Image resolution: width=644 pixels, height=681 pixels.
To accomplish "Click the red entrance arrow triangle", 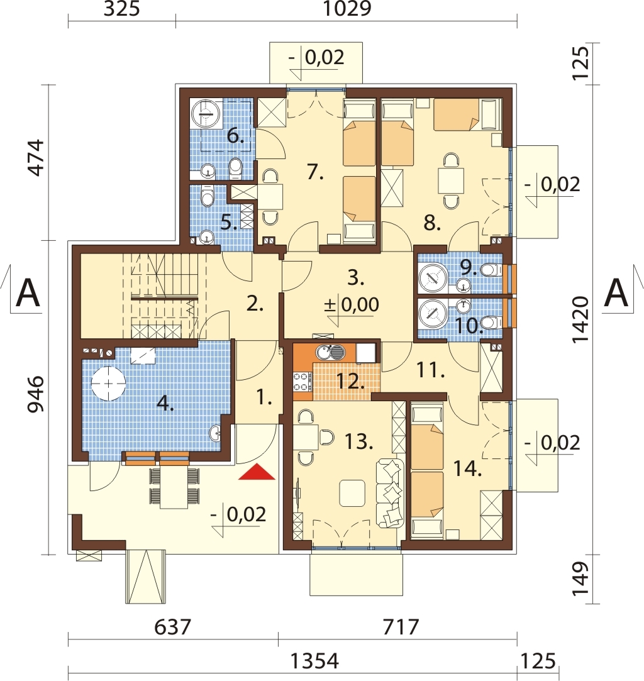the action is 257,472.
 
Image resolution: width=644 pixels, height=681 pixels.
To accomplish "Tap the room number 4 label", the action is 165,404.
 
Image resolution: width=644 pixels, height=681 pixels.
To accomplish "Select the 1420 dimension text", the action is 580,319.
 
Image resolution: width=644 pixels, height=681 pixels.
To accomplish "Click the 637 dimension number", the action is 172,627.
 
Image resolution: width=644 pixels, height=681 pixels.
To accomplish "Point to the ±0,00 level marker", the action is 352,305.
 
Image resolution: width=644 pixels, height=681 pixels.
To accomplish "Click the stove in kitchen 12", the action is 303,381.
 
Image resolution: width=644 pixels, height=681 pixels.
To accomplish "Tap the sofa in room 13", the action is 389,494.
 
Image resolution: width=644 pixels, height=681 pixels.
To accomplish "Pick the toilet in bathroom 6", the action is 236,169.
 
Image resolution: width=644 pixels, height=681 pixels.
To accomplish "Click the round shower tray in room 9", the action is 433,276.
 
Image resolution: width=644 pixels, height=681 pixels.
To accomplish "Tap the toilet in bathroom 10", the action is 492,323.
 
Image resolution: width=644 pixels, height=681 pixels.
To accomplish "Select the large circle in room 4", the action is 108,383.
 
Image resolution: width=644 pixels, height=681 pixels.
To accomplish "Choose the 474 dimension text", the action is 36,158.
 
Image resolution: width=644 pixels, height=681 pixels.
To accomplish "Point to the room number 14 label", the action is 467,468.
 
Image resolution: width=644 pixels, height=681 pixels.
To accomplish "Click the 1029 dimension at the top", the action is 347,8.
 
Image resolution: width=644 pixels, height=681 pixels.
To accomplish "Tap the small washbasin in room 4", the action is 215,433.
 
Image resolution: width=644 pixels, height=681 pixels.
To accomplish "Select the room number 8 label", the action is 432,223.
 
